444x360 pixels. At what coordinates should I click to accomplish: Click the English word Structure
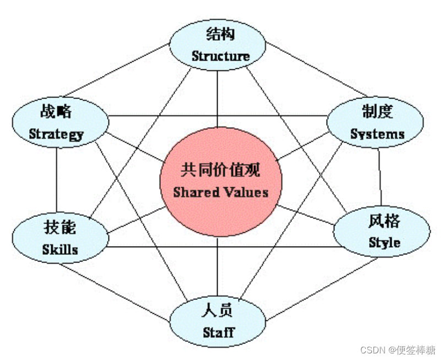coord(220,56)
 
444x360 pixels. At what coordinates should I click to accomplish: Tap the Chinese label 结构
coord(220,34)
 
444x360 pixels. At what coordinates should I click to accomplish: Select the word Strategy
coord(56,134)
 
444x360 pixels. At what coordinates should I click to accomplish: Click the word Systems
coord(377,134)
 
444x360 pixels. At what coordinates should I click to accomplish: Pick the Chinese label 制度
coord(377,112)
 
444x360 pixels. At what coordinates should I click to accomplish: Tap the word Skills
coord(60,249)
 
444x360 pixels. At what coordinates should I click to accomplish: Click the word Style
coord(385,243)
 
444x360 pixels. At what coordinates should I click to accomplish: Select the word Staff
coord(218,332)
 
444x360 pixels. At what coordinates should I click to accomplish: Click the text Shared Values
coord(221,192)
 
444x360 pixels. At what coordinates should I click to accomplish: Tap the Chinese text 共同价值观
coord(221,170)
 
